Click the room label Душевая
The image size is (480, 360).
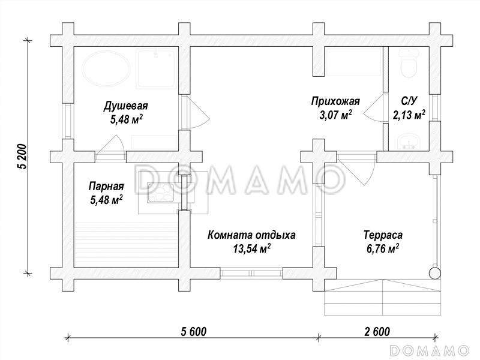point(125,106)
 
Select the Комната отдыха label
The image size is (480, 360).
point(251,235)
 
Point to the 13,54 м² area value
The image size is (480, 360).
point(251,249)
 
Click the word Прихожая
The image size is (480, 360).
point(335,101)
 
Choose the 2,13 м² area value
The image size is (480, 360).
point(409,115)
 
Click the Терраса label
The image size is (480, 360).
point(382,235)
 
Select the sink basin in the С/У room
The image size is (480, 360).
point(409,142)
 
